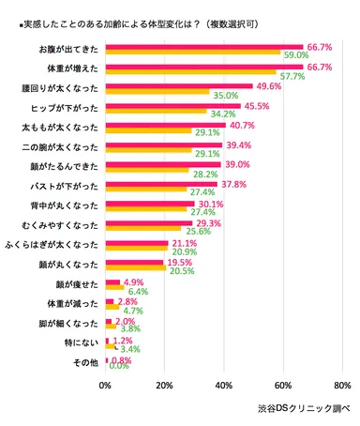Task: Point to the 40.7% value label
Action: coord(241,126)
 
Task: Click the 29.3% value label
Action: coord(208,222)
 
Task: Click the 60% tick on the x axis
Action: coord(282,385)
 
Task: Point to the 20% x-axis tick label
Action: coord(164,385)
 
